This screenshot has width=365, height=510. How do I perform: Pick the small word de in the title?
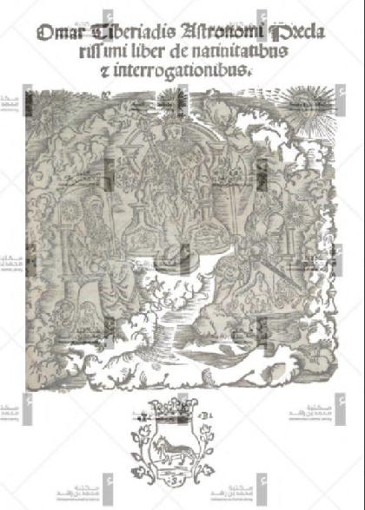click(196, 55)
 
